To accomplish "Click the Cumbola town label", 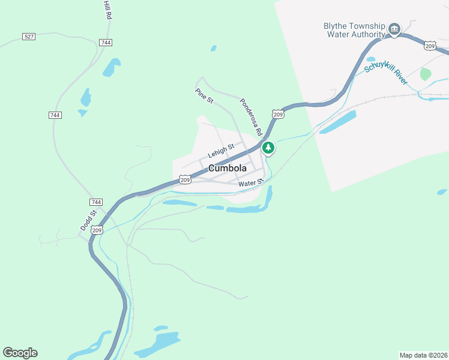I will [228, 169].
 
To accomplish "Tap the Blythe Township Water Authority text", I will [354, 30].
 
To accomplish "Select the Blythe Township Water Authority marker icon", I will [394, 29].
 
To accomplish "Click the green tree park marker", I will [268, 147].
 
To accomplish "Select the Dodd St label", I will [88, 220].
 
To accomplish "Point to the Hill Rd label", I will [107, 11].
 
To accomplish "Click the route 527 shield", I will [29, 37].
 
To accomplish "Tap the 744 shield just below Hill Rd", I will [106, 43].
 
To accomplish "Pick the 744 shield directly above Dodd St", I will [96, 202].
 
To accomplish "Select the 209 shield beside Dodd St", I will [97, 230].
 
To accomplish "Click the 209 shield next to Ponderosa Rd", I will [277, 114].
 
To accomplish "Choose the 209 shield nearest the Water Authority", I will [430, 46].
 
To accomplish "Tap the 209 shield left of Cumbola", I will [185, 179].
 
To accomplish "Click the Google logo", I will [20, 353].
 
